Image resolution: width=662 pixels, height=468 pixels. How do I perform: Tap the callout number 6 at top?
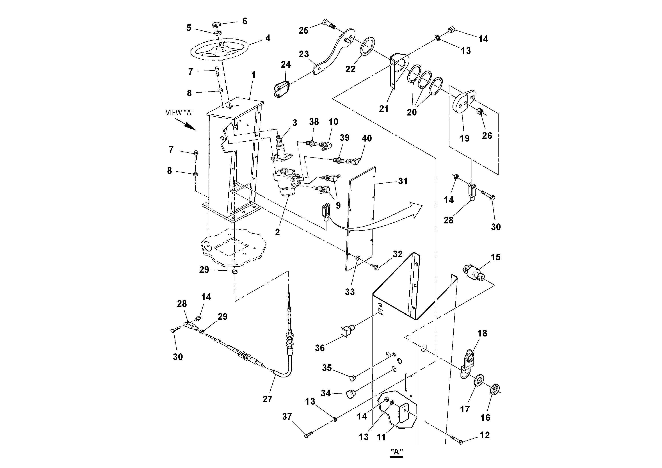coord(245,21)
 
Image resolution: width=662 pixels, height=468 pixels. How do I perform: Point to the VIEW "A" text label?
coord(179,113)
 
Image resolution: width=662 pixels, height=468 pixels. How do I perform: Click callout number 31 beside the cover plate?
coord(402,181)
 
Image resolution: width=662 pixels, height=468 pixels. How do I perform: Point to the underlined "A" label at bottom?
coord(396,452)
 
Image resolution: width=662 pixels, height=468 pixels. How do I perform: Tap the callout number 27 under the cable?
coord(267,399)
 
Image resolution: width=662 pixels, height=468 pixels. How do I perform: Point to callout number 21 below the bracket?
coord(383,109)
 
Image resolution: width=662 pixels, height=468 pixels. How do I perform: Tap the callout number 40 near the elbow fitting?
coord(366,138)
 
